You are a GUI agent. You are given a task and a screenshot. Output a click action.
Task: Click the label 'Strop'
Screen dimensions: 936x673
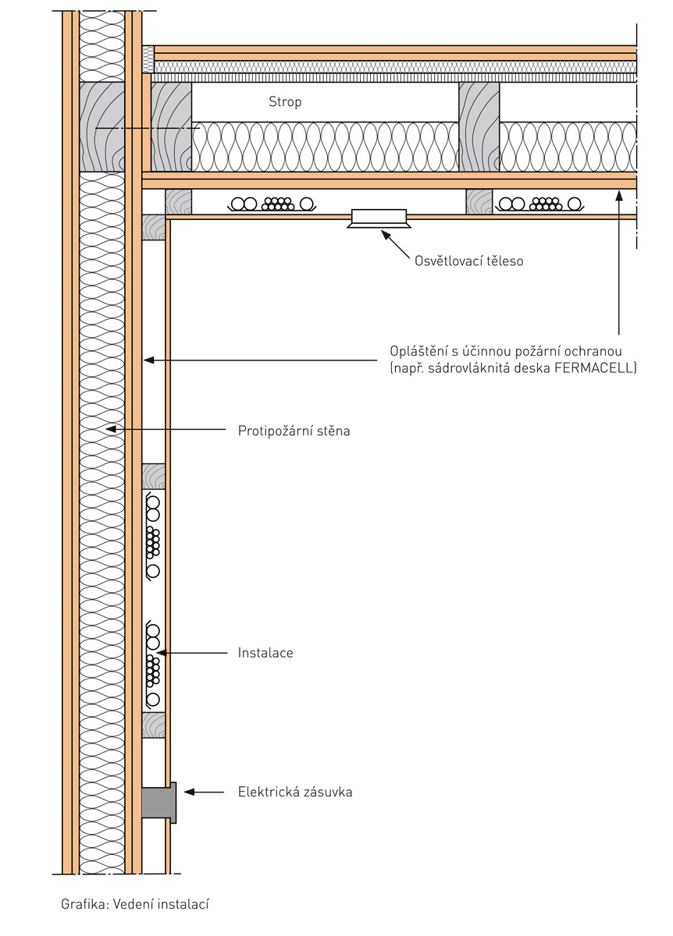285,102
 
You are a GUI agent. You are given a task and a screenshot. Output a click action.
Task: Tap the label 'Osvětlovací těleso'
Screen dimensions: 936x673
468,261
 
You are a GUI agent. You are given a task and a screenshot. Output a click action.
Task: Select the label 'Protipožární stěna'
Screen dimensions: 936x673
294,430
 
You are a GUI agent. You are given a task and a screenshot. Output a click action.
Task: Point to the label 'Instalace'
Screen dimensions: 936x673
265,653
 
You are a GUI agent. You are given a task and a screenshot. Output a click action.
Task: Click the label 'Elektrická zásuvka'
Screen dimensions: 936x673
295,792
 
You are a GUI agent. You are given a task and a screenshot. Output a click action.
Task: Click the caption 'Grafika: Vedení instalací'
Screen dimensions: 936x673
136,905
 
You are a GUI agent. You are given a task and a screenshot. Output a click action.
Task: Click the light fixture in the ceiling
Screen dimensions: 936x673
379,217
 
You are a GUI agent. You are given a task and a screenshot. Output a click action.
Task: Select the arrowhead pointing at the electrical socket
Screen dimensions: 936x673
190,792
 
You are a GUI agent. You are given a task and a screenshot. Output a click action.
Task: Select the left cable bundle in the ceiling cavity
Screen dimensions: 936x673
272,204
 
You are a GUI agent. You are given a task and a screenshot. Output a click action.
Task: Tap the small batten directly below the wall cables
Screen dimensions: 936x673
154,725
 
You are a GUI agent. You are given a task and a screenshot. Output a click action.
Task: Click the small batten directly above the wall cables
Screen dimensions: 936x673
154,476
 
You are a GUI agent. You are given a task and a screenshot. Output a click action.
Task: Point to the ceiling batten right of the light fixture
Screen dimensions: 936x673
479,202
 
